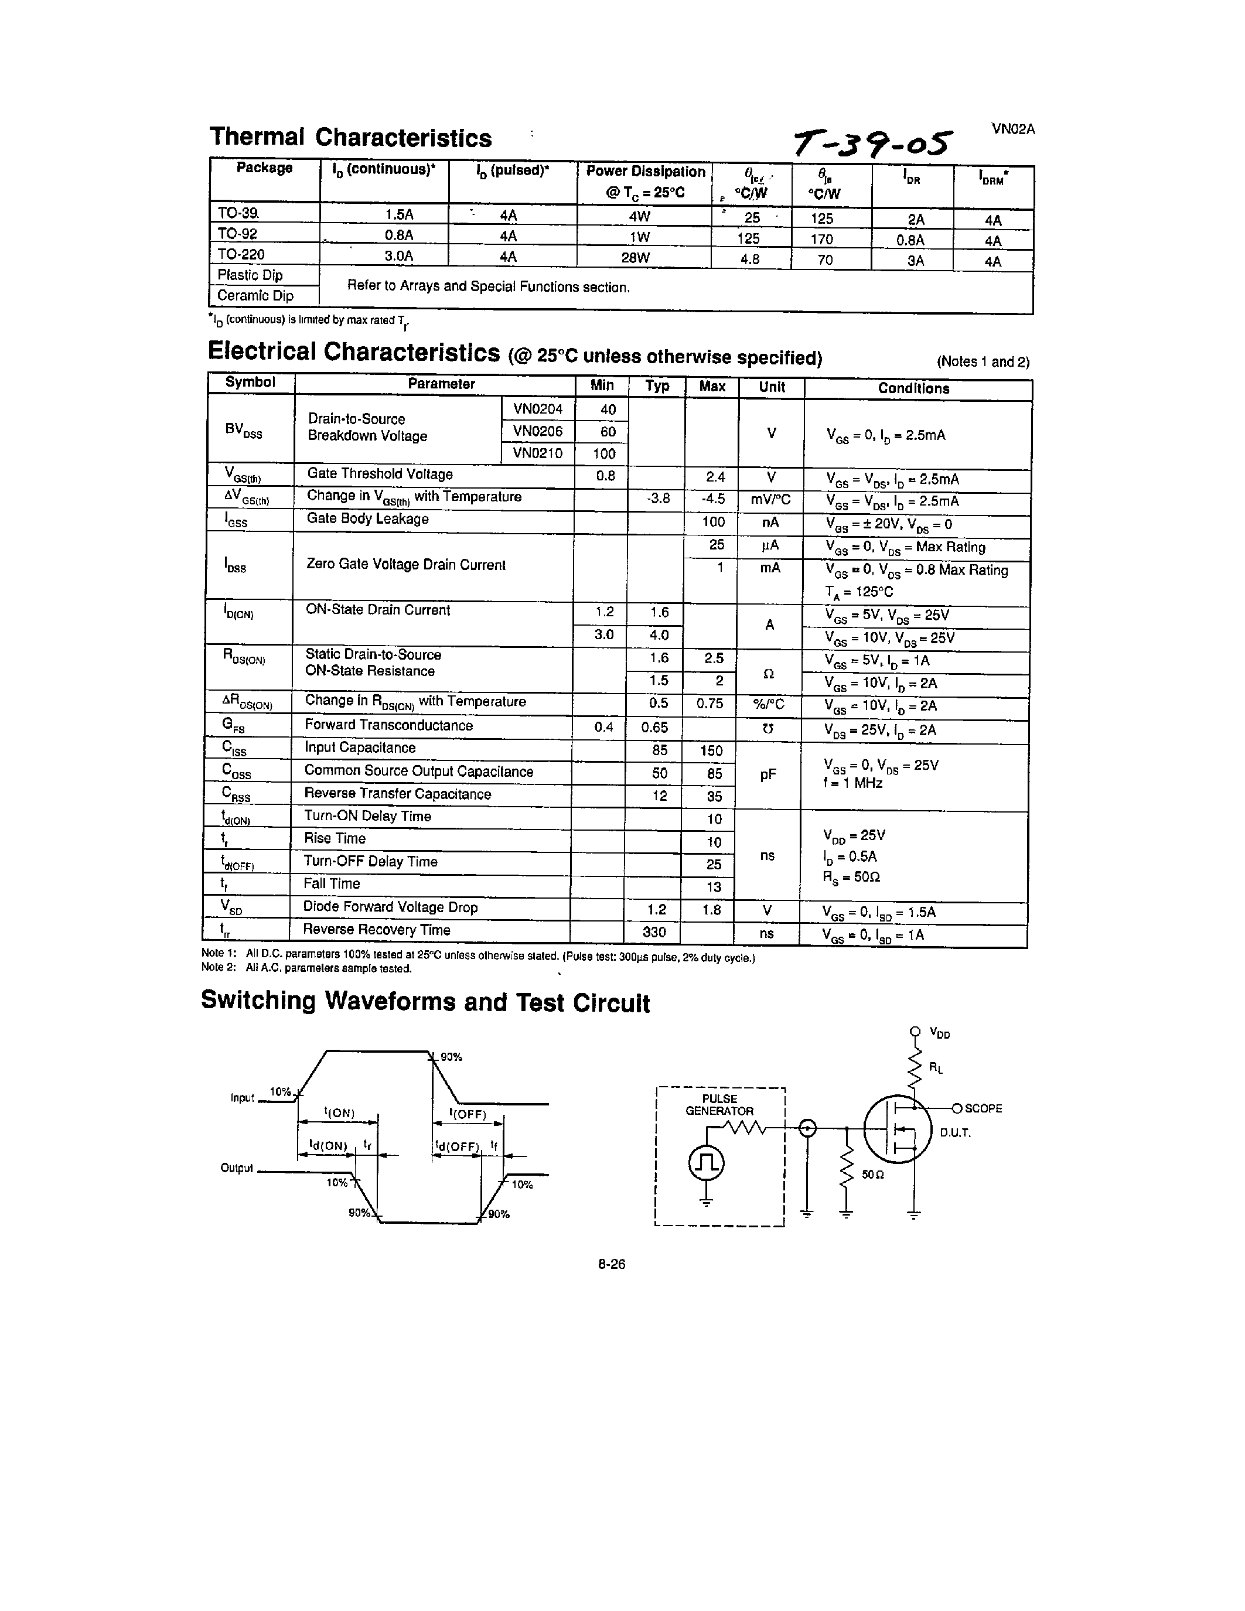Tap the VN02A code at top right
[1012, 129]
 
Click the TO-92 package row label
[237, 234]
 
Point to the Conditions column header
[913, 389]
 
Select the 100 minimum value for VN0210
[604, 453]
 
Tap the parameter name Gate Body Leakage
[367, 519]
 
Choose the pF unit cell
[768, 774]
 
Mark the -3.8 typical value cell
[658, 499]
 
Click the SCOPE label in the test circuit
[983, 1109]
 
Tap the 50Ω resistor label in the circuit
[872, 1173]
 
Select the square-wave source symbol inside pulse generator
[706, 1164]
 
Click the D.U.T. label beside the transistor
[955, 1132]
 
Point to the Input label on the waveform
[242, 1098]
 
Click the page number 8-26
[612, 1264]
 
